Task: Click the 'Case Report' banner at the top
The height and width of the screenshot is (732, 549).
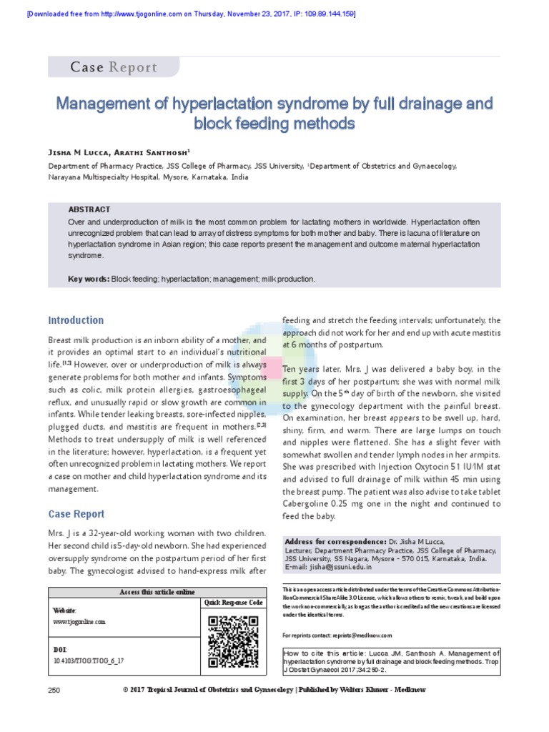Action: [113, 67]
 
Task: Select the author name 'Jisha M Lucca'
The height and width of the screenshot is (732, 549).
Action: [79, 153]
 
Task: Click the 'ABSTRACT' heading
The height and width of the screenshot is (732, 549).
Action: [89, 209]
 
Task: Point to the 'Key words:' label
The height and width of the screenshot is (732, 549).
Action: [89, 279]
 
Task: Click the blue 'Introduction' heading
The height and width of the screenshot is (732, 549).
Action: [76, 320]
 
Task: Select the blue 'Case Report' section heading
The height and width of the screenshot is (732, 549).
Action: [76, 514]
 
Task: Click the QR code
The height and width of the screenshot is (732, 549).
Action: [233, 641]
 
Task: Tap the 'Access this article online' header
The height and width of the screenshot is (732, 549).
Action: [157, 593]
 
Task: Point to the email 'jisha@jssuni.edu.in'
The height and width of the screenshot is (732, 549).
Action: [339, 567]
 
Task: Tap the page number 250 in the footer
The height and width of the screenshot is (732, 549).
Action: [54, 691]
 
